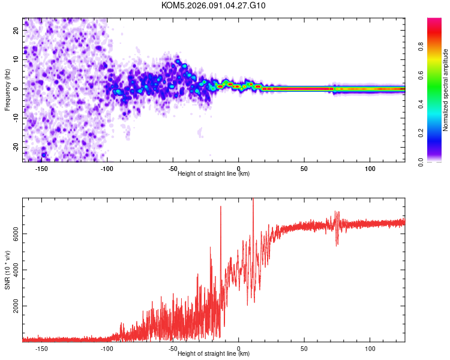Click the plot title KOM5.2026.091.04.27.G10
(x=214, y=5)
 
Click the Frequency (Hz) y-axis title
(x=7, y=89)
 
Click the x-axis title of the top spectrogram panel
(x=214, y=174)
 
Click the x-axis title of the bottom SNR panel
(x=214, y=353)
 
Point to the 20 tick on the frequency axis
(x=17, y=30)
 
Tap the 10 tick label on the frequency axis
(x=17, y=59)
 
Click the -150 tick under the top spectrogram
(x=41, y=169)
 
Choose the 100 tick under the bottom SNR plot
(x=370, y=348)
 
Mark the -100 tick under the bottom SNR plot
(x=107, y=348)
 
